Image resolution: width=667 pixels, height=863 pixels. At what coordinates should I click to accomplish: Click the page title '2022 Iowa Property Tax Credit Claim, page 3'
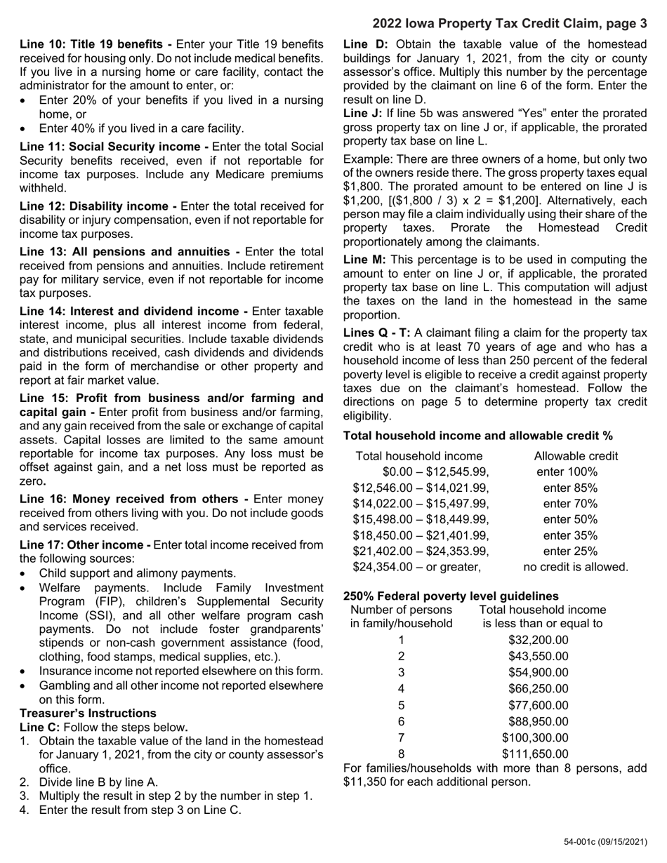click(509, 24)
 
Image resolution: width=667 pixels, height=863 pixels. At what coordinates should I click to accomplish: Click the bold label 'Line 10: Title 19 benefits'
click(95, 44)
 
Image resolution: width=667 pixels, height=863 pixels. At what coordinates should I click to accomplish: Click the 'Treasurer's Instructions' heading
click(88, 713)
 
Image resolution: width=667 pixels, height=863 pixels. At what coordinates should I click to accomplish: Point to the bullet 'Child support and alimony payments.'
click(137, 573)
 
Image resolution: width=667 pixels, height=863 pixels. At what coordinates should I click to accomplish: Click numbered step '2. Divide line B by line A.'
click(98, 782)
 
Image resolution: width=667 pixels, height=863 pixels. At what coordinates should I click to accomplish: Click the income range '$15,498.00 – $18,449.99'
click(420, 519)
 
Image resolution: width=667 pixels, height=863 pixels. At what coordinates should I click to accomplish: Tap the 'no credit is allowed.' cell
click(576, 566)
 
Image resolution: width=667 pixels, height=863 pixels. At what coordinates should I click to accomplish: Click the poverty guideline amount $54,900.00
click(538, 672)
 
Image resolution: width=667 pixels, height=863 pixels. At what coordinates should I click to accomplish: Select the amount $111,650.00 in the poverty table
click(535, 754)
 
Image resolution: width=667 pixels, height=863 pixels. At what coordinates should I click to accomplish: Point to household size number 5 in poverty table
click(401, 705)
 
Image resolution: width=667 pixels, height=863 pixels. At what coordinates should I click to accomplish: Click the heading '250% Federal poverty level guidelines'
click(451, 596)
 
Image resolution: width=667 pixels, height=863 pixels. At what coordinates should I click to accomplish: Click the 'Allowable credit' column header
click(576, 456)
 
